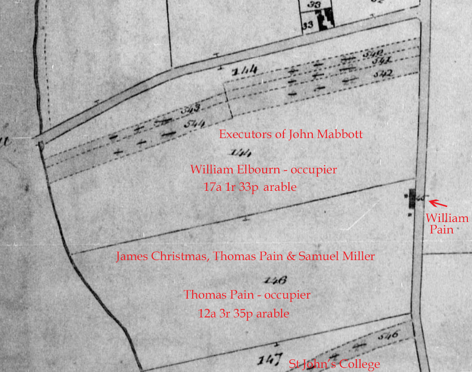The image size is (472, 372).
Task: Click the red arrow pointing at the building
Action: click(438, 203)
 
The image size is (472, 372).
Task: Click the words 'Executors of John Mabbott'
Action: click(291, 134)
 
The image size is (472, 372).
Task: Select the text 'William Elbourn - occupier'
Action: click(263, 170)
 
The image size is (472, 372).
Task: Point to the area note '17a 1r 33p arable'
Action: click(250, 187)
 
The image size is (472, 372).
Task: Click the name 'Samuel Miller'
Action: click(336, 256)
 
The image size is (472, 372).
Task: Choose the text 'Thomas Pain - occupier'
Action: click(247, 295)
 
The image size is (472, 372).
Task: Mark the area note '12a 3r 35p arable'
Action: click(243, 314)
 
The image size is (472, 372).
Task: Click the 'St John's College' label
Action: click(334, 364)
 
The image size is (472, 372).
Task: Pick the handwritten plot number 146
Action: click(275, 280)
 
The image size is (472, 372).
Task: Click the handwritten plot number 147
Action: click(269, 359)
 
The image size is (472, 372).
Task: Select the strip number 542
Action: click(382, 73)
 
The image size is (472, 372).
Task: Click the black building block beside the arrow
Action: click(412, 198)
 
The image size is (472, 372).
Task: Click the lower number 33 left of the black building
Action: click(308, 26)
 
